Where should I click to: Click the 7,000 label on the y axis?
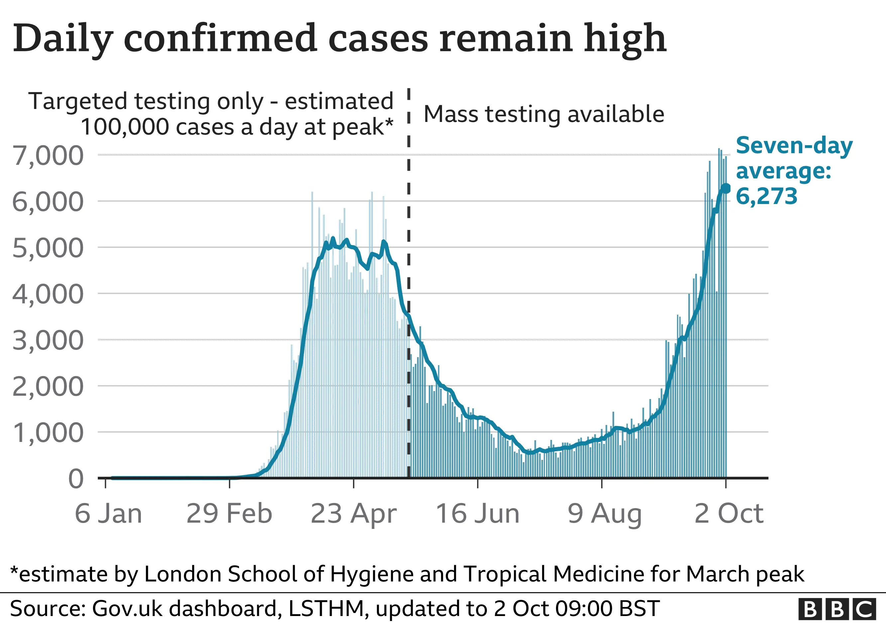(48, 156)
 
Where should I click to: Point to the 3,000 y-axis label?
(48, 341)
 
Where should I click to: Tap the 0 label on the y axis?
(76, 479)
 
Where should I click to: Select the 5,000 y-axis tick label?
(48, 248)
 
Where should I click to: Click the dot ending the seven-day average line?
(726, 189)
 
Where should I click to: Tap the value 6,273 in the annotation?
(766, 196)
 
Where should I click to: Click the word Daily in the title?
(63, 39)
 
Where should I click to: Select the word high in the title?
(625, 39)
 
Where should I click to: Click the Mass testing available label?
(544, 114)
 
